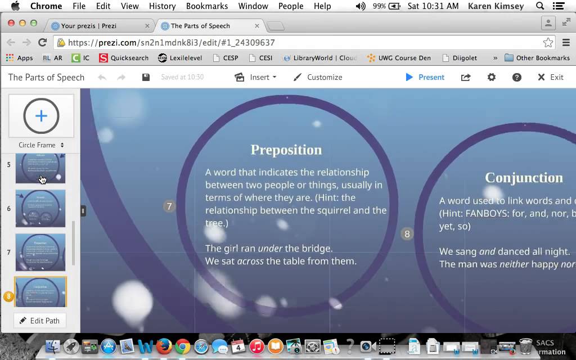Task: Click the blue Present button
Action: pyautogui.click(x=425, y=77)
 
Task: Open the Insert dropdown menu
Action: pyautogui.click(x=256, y=77)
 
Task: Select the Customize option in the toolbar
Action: pyautogui.click(x=318, y=77)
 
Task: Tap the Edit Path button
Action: pyautogui.click(x=39, y=321)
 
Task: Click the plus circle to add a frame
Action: pyautogui.click(x=41, y=116)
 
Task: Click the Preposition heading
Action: pyautogui.click(x=286, y=150)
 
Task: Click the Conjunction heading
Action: pyautogui.click(x=524, y=178)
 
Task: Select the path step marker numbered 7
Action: pyautogui.click(x=169, y=206)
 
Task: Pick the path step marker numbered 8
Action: pyautogui.click(x=407, y=233)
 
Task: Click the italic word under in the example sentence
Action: pyautogui.click(x=270, y=248)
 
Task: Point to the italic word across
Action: pyautogui.click(x=250, y=261)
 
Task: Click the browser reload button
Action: pyautogui.click(x=42, y=42)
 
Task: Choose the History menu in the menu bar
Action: pyautogui.click(x=162, y=6)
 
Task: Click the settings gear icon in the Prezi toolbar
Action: pyautogui.click(x=492, y=77)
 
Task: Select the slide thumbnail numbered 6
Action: pyautogui.click(x=40, y=208)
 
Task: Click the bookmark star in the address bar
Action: pyautogui.click(x=548, y=43)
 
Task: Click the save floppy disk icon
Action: pyautogui.click(x=146, y=77)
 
